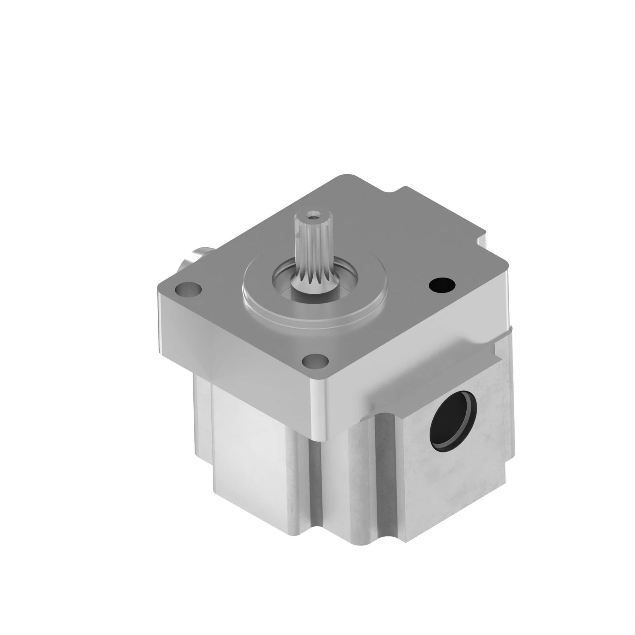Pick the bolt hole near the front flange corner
[315, 361]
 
